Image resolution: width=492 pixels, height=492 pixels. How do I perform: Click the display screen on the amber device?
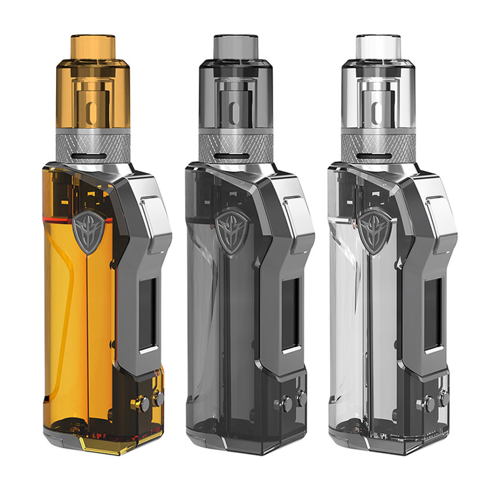[x=148, y=314]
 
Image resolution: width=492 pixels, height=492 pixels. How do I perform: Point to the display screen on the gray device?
[x=290, y=314]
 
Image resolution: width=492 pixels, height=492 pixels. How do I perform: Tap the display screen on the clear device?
[x=432, y=314]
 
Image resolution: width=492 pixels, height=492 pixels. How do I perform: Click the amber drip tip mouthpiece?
[x=93, y=46]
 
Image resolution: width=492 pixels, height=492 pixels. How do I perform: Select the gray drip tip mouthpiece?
[x=235, y=46]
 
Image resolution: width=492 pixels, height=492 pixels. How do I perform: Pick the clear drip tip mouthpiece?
[x=377, y=46]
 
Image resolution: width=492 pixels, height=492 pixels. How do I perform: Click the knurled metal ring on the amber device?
[x=93, y=141]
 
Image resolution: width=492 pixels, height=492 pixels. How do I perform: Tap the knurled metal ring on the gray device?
[x=235, y=141]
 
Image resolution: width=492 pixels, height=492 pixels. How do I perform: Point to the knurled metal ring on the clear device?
[x=377, y=141]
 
